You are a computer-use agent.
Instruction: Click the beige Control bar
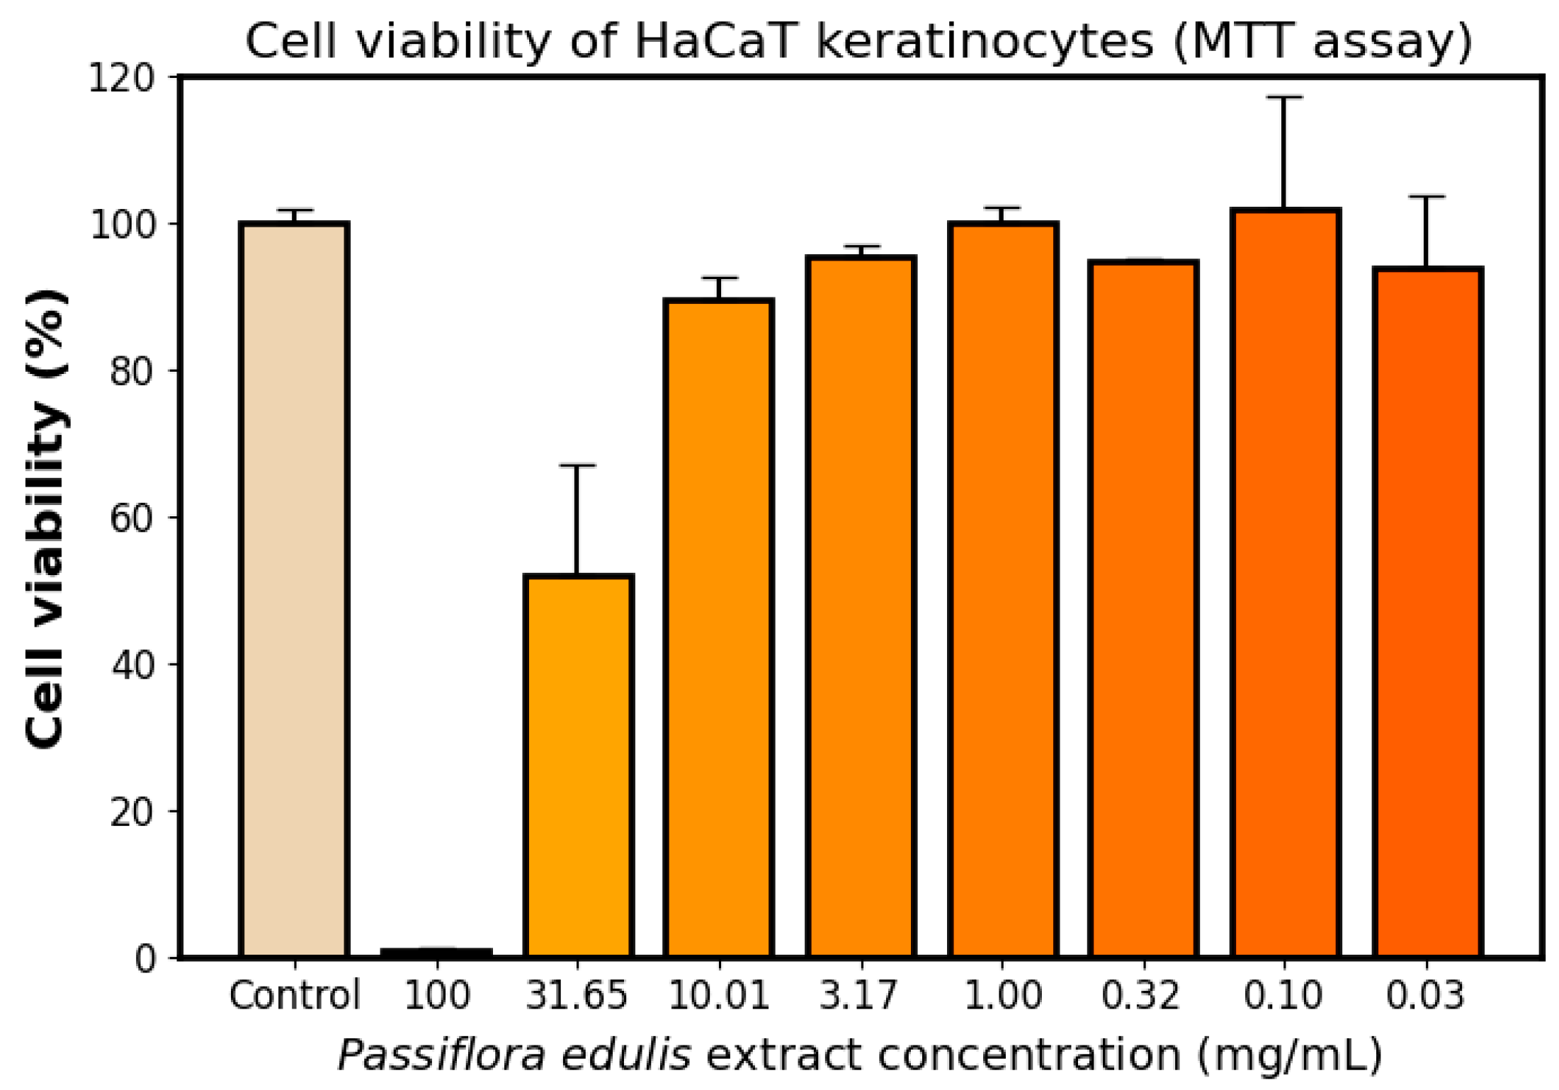point(295,590)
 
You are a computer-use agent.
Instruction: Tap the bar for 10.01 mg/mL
point(719,628)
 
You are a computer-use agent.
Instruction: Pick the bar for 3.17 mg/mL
point(861,607)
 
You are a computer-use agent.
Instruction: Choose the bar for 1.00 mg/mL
point(1002,590)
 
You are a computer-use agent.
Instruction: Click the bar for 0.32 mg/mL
point(1143,609)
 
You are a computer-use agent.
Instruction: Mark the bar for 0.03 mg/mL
point(1427,613)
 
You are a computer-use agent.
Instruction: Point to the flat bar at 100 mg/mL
point(436,953)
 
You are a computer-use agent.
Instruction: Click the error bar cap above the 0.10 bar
point(1285,98)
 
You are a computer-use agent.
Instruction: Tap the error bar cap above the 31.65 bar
point(578,465)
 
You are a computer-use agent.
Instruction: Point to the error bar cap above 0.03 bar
point(1427,196)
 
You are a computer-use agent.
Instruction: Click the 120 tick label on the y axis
point(121,78)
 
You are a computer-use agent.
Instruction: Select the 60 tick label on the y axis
point(132,518)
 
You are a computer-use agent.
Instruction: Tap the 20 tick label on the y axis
point(132,812)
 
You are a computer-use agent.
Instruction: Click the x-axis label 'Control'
point(295,995)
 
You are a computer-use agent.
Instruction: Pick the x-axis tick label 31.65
point(577,995)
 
